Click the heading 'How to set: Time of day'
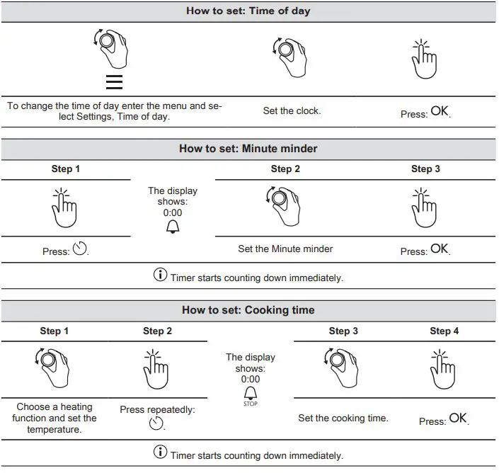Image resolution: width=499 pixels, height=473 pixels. click(x=248, y=11)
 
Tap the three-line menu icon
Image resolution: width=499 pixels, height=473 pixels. click(x=114, y=82)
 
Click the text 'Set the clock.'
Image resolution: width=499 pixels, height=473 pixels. click(x=292, y=111)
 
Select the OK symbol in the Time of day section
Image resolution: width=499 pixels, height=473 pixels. click(x=440, y=111)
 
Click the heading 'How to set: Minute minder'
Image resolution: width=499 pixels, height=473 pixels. click(x=248, y=149)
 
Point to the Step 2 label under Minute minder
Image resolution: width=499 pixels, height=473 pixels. click(x=285, y=169)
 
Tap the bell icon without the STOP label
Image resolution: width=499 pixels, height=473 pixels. click(x=173, y=227)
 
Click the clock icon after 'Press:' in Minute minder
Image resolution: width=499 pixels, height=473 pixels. click(x=79, y=249)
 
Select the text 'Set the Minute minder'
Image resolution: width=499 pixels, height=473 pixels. click(x=285, y=249)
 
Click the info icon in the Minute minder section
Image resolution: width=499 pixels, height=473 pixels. click(x=161, y=275)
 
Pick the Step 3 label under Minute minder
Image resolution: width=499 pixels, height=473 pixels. click(x=425, y=169)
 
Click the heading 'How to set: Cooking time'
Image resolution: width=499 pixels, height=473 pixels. click(x=248, y=310)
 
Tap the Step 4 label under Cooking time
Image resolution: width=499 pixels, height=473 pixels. click(x=444, y=331)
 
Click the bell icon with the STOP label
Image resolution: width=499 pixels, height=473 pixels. click(x=251, y=394)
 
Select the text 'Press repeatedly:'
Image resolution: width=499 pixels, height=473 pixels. click(x=157, y=409)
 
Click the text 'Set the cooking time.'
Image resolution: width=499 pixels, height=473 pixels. click(x=343, y=418)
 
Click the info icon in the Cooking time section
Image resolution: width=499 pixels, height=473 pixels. click(x=161, y=453)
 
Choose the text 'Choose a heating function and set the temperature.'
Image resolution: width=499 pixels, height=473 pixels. click(x=55, y=418)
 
